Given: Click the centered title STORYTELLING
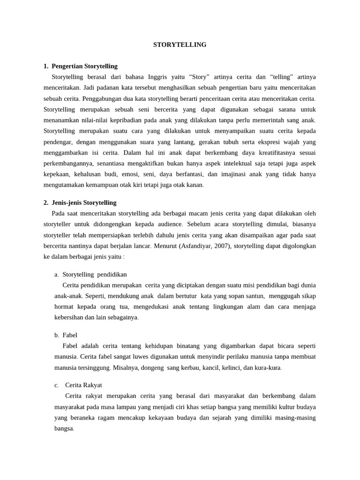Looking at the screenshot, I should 180,45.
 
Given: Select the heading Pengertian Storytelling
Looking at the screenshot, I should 84,66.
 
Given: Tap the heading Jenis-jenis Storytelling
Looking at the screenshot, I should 84,202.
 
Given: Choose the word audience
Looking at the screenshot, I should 167,224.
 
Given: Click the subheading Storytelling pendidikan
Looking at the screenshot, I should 94,274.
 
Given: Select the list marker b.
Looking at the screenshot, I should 56,335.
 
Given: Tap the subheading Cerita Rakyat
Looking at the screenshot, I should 83,385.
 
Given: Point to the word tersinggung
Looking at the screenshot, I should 94,367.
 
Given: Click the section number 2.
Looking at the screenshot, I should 46,202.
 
